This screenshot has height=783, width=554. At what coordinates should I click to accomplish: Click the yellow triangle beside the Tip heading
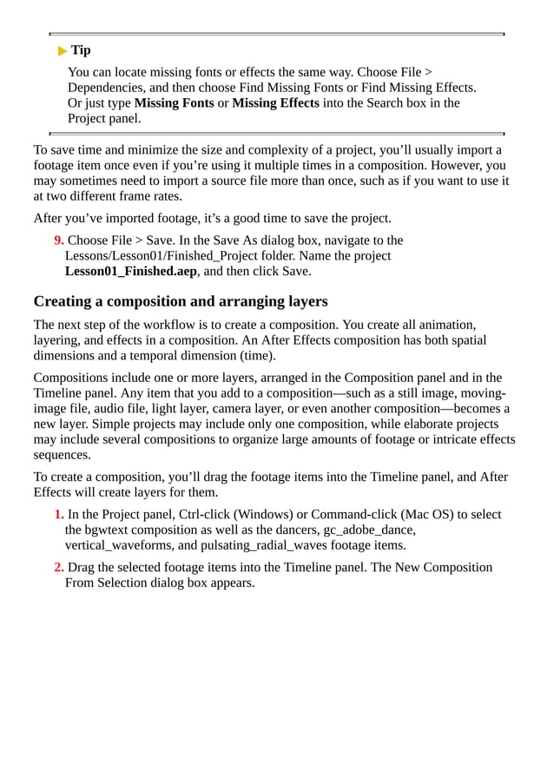tap(62, 50)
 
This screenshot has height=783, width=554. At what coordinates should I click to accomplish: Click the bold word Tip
tap(81, 50)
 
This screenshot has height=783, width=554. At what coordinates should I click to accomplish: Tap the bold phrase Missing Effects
tap(276, 103)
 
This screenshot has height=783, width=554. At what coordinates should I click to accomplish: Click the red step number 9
tap(58, 240)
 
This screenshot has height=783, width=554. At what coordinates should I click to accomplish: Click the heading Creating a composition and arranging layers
tap(180, 301)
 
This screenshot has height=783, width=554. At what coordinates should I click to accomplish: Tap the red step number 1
tap(58, 514)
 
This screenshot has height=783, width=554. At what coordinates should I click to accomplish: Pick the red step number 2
tap(58, 567)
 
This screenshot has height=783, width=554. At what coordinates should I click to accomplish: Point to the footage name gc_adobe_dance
tap(369, 530)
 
